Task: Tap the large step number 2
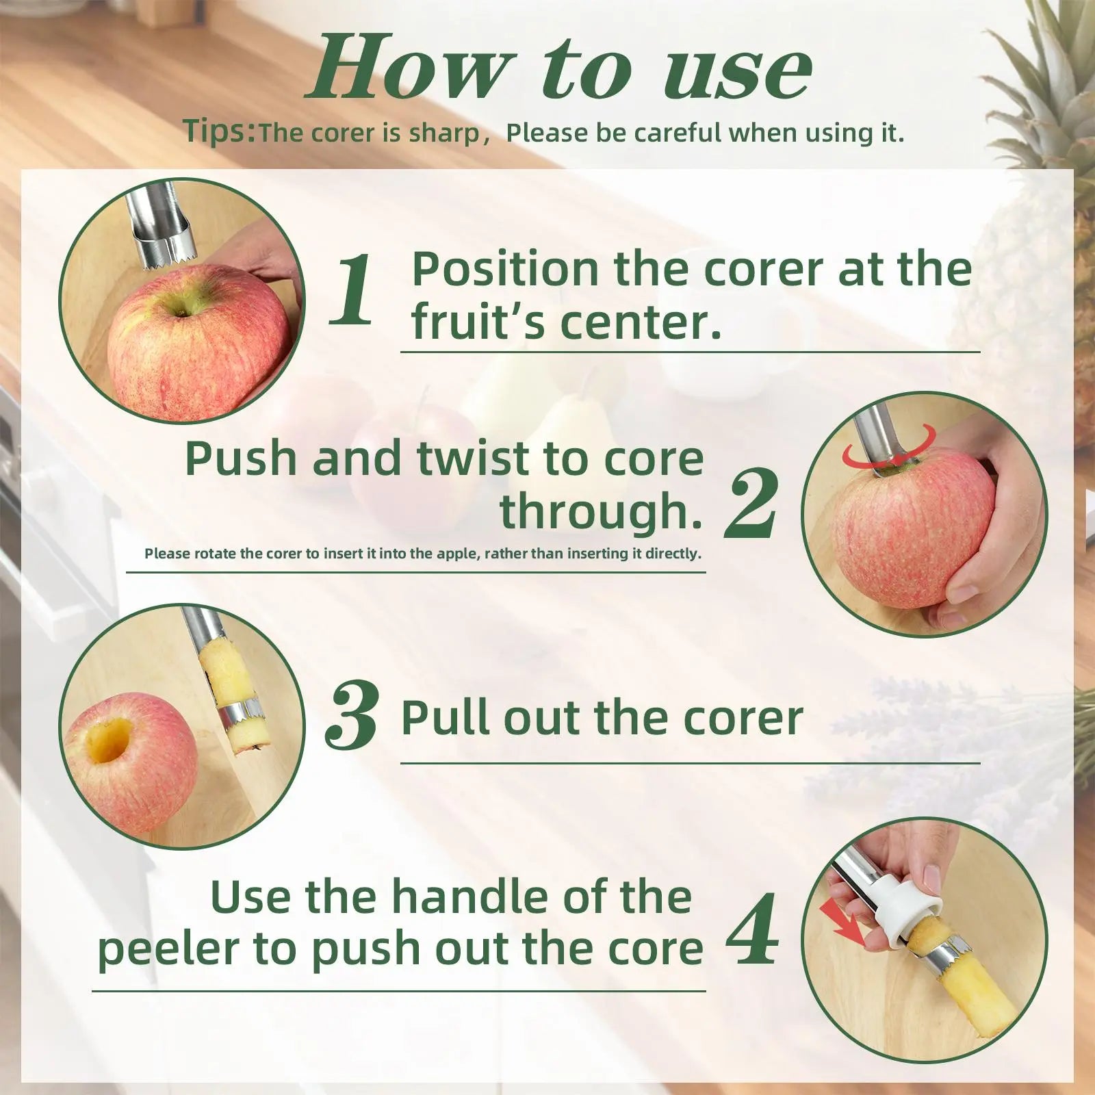point(751,505)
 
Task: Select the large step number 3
point(352,717)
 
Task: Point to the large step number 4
point(752,929)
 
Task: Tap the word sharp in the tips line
point(445,133)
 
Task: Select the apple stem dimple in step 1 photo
point(181,313)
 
